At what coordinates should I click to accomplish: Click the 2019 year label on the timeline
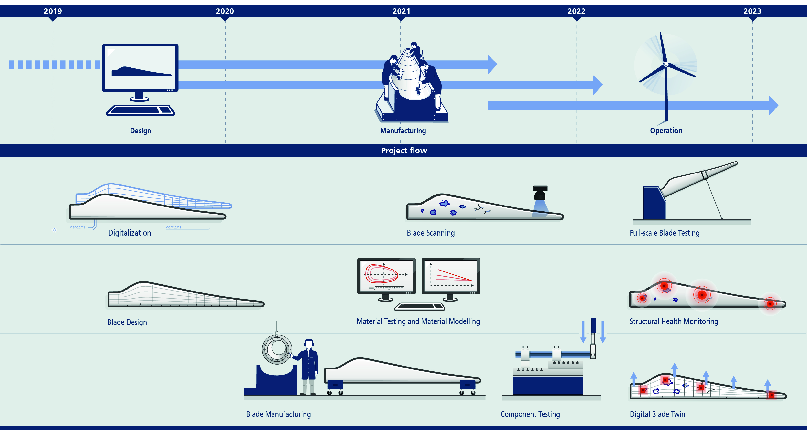pyautogui.click(x=53, y=11)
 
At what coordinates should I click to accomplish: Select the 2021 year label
pyautogui.click(x=401, y=11)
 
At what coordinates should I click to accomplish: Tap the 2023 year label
pyautogui.click(x=752, y=11)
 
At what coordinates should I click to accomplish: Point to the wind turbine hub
pyautogui.click(x=666, y=65)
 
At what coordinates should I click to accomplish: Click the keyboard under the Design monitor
pyautogui.click(x=140, y=110)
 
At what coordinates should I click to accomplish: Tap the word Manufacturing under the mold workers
pyautogui.click(x=403, y=131)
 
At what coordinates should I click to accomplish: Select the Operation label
pyautogui.click(x=666, y=131)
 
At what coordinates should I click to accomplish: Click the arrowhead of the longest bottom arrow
pyautogui.click(x=774, y=106)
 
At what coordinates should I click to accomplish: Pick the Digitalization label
pyautogui.click(x=129, y=233)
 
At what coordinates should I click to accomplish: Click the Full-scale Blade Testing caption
pyautogui.click(x=665, y=233)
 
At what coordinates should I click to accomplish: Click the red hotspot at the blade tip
pyautogui.click(x=770, y=303)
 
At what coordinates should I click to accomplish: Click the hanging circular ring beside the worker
pyautogui.click(x=277, y=349)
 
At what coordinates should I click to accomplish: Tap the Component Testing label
pyautogui.click(x=530, y=414)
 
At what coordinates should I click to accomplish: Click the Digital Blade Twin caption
pyautogui.click(x=657, y=414)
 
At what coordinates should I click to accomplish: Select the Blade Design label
pyautogui.click(x=127, y=322)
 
